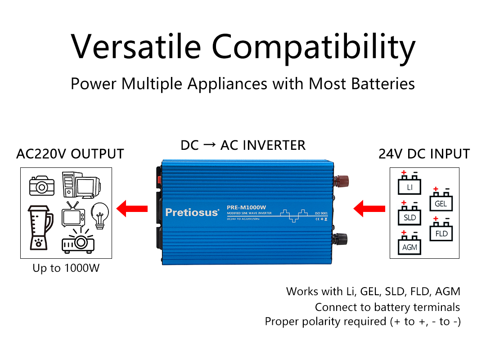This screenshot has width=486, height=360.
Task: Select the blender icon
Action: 40,228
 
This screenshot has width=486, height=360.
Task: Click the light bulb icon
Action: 100,213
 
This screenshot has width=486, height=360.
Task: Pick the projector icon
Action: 78,241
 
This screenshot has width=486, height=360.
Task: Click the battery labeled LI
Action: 409,184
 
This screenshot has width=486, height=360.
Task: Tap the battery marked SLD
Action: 409,216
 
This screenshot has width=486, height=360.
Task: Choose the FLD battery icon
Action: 441,231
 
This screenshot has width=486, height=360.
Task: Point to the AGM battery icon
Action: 409,245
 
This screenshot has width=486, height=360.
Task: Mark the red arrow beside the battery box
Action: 369,208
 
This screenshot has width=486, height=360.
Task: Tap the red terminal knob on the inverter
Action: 342,181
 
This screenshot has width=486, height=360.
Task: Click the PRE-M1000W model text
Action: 247,207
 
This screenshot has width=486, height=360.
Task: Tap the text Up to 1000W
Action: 66,268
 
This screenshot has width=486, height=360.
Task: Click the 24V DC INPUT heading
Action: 424,154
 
